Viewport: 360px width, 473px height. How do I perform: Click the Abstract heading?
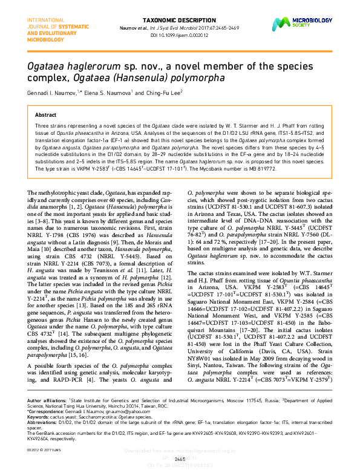(46, 114)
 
